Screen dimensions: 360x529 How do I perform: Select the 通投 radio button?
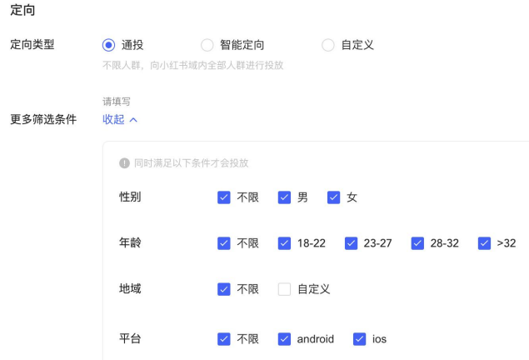click(108, 44)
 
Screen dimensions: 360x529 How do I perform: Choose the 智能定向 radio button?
click(207, 44)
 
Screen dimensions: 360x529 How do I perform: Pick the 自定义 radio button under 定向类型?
click(327, 44)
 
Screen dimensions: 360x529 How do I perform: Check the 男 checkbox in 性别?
click(284, 197)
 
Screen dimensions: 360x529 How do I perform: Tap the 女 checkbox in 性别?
click(333, 197)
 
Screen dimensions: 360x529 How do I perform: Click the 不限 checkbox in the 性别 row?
click(223, 197)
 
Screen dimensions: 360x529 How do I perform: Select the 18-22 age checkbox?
click(284, 243)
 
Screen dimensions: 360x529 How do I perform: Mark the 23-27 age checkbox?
click(351, 243)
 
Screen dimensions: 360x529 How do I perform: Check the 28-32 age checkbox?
click(417, 243)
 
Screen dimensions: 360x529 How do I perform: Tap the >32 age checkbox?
click(484, 243)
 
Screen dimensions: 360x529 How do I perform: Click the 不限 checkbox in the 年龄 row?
click(223, 243)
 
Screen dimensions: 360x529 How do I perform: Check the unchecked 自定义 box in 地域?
click(284, 289)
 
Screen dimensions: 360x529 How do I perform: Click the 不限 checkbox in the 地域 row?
click(223, 289)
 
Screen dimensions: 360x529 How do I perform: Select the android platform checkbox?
click(284, 338)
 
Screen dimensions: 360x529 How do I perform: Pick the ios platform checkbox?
click(360, 338)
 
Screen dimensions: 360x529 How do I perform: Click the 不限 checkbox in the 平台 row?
click(223, 338)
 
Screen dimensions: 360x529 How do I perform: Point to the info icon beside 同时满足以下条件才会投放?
click(125, 163)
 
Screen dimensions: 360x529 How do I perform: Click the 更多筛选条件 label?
click(42, 119)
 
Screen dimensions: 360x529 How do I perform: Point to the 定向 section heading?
click(22, 12)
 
